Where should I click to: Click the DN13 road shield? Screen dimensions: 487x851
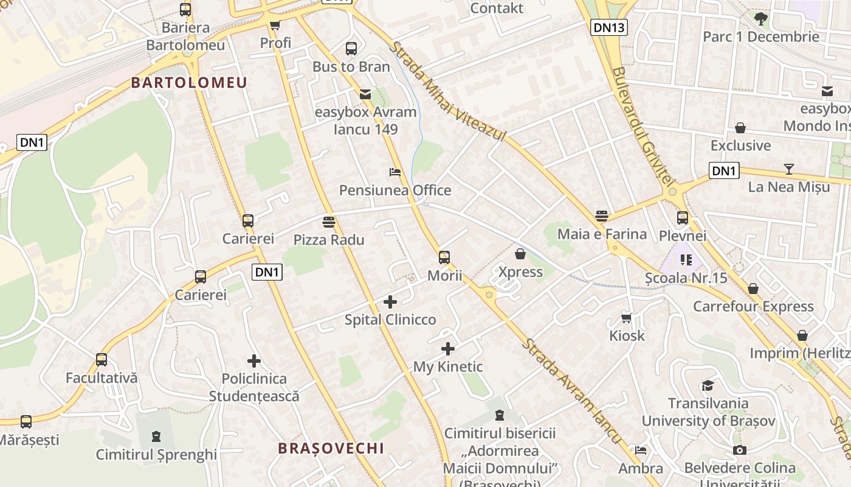point(608,27)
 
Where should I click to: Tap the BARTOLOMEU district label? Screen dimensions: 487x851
point(189,83)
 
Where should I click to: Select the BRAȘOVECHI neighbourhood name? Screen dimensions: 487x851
point(331,448)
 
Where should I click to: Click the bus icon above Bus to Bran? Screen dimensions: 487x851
point(351,49)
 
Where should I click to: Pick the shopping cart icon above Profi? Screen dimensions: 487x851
point(275,26)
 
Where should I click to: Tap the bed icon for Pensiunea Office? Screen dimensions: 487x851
point(395,172)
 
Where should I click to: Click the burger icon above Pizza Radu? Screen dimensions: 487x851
point(329,222)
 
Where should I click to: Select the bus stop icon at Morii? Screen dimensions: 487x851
point(444,258)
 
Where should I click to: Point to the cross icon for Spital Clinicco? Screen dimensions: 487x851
point(390,301)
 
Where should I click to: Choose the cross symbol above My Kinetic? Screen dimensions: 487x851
point(448,349)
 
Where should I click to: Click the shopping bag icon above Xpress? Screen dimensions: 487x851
point(520,254)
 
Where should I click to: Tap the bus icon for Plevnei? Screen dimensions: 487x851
point(683,218)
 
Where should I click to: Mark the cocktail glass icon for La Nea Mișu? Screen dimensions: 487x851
point(789,169)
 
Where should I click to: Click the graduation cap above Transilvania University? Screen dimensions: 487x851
point(708,385)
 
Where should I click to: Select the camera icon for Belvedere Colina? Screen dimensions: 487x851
point(740,450)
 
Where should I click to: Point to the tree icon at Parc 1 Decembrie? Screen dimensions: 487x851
point(760,18)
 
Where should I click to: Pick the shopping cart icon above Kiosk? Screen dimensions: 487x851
point(627,318)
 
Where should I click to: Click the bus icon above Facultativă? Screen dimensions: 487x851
point(102,360)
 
